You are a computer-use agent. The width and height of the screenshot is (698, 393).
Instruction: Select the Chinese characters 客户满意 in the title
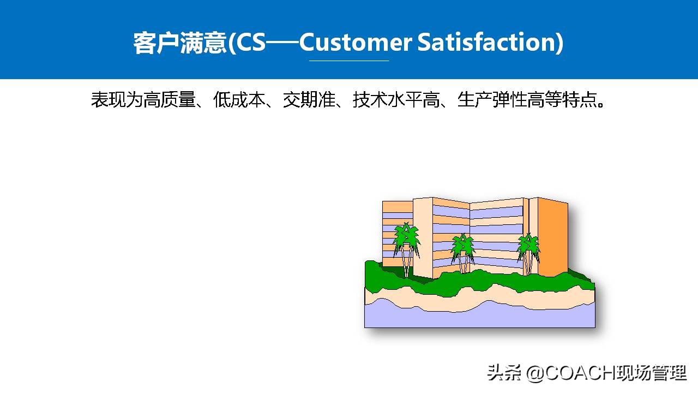179,43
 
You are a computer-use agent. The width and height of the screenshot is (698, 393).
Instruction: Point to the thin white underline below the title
349,61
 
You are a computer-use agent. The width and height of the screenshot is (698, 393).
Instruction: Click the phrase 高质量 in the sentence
169,100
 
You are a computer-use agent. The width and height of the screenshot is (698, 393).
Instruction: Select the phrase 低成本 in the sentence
239,100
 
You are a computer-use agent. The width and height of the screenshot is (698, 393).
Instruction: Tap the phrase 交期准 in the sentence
309,100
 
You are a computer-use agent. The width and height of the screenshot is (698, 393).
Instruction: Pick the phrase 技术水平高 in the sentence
396,100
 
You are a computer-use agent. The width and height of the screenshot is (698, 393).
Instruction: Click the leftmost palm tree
407,246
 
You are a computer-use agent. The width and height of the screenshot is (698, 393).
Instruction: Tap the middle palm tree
463,251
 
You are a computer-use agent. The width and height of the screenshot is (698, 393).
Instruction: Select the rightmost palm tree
528,251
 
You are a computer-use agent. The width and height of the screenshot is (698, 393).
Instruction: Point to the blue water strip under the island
480,317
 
